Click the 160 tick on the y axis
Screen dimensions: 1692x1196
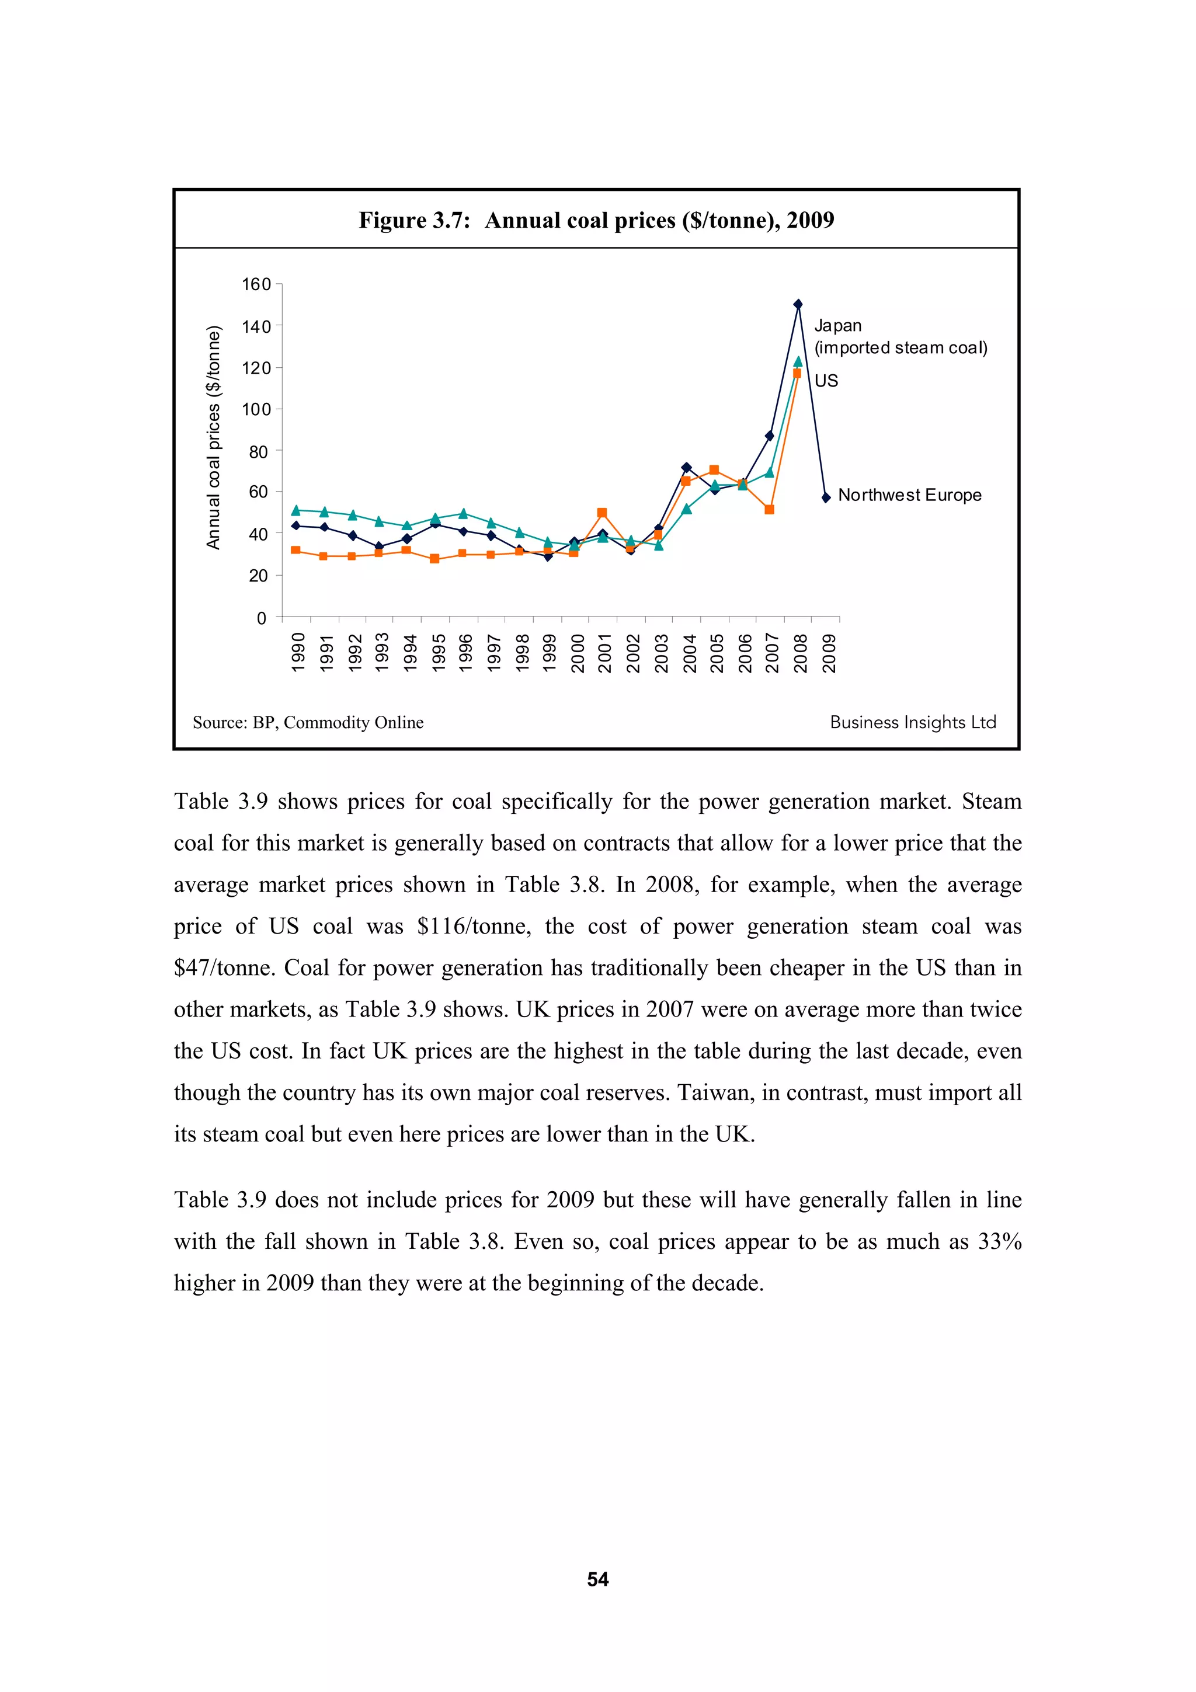coord(256,284)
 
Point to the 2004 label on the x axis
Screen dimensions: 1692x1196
coord(689,653)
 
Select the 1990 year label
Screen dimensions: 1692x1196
coord(298,653)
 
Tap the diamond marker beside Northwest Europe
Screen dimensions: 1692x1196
coord(826,497)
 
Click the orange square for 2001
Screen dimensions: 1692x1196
coord(602,513)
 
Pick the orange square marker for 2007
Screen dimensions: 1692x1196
coord(769,509)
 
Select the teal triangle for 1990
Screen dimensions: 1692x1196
coord(296,510)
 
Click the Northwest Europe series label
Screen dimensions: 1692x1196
coord(909,495)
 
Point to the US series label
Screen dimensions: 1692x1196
coord(826,381)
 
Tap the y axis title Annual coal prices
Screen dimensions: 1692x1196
coord(214,437)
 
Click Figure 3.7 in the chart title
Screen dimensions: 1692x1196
coord(414,220)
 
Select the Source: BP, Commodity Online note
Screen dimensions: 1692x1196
coord(308,722)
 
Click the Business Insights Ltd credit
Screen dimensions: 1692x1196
coord(912,722)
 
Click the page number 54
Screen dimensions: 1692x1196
coord(597,1579)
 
